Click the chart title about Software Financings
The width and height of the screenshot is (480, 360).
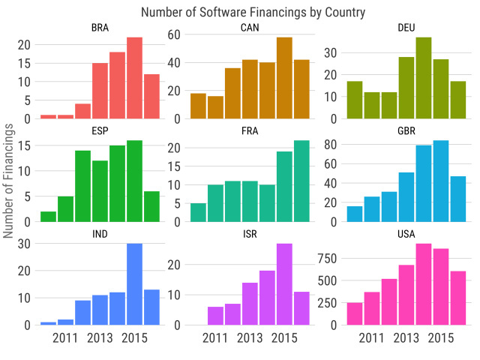(253, 12)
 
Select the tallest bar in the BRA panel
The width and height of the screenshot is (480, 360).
(134, 78)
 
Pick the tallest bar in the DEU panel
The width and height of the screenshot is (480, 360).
(424, 78)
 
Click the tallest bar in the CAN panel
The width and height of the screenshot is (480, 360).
(284, 78)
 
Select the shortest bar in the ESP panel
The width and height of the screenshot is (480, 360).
(48, 217)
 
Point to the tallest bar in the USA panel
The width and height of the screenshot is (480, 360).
(424, 284)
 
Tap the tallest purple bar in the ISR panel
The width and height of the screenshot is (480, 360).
(284, 284)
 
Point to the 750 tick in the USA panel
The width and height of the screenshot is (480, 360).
(327, 259)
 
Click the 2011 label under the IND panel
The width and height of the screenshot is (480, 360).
(65, 338)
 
